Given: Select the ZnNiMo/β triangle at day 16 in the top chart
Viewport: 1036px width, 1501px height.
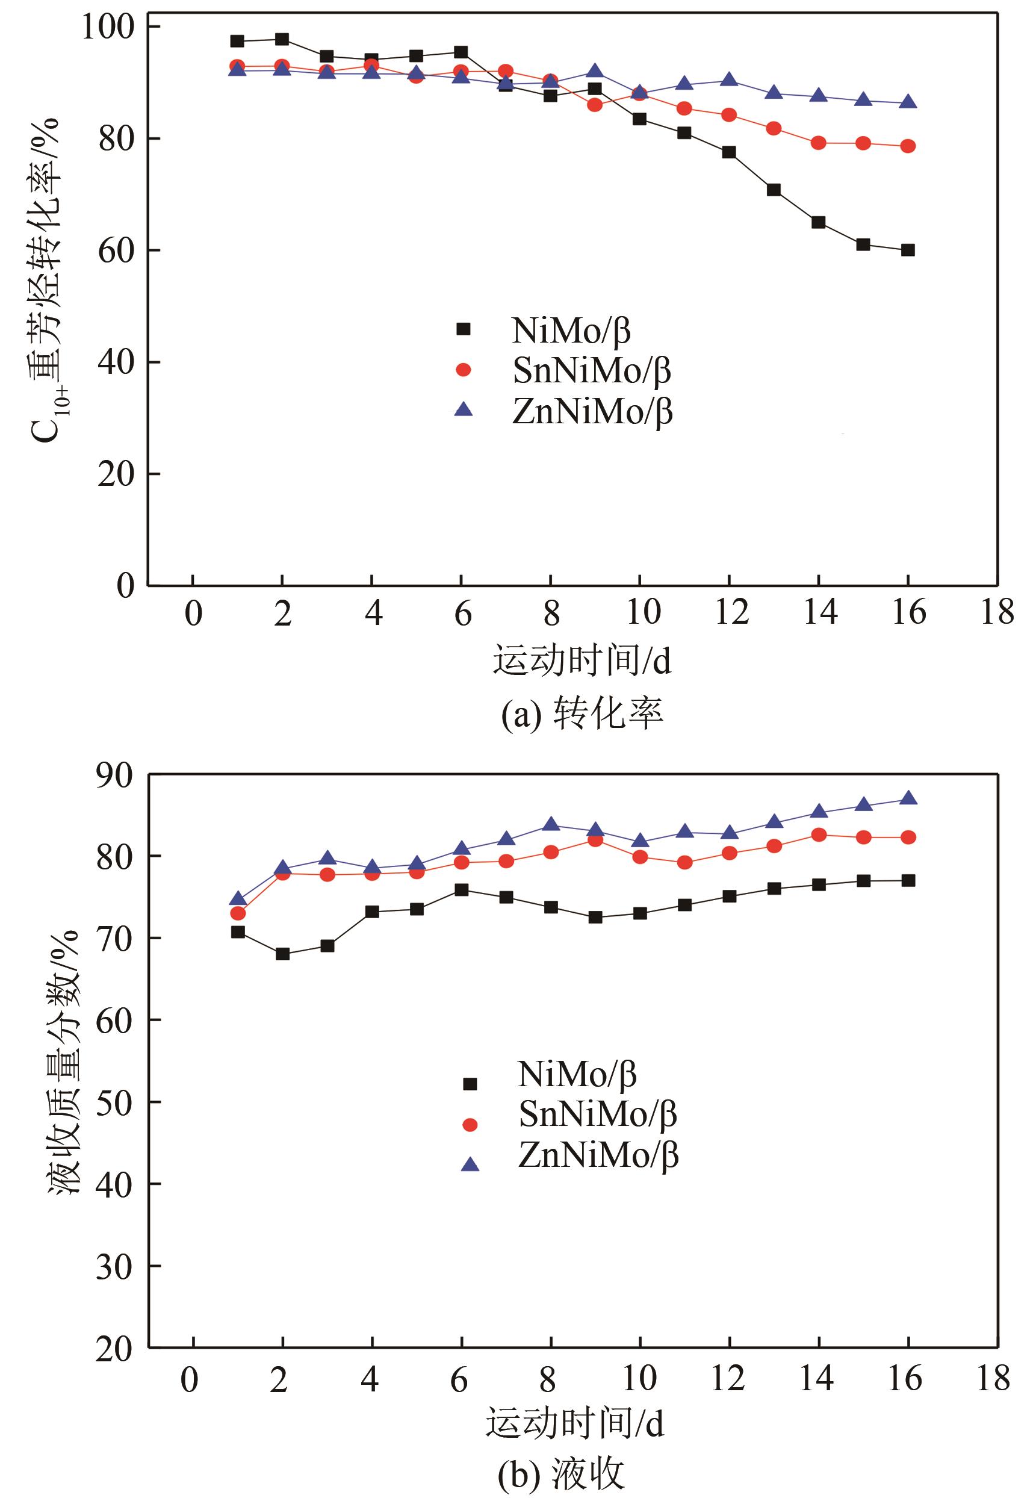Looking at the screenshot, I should point(908,102).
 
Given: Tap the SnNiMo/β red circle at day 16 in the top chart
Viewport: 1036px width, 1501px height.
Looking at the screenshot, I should point(908,146).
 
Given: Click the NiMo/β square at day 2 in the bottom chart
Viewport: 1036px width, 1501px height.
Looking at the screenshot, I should point(282,954).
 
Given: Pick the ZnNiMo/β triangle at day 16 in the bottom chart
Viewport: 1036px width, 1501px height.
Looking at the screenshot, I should point(909,798).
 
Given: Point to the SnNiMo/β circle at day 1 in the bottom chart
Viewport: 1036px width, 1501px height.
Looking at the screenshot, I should point(238,913).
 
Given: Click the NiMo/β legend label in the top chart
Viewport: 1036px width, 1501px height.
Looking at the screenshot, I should point(571,331).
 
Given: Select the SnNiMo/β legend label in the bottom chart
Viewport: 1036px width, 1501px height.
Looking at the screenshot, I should point(597,1114).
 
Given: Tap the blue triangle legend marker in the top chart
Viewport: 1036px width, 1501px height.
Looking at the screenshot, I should point(464,409).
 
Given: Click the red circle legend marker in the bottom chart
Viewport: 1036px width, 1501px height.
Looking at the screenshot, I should point(470,1125).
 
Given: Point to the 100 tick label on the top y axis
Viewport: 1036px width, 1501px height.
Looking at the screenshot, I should point(107,26).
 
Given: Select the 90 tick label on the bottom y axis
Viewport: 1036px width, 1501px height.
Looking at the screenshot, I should point(114,775).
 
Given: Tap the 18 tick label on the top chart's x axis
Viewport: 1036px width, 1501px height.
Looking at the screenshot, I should point(997,612).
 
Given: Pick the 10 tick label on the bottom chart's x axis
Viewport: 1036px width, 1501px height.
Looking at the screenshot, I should point(640,1378).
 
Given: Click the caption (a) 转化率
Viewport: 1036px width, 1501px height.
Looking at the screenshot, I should point(582,714).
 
